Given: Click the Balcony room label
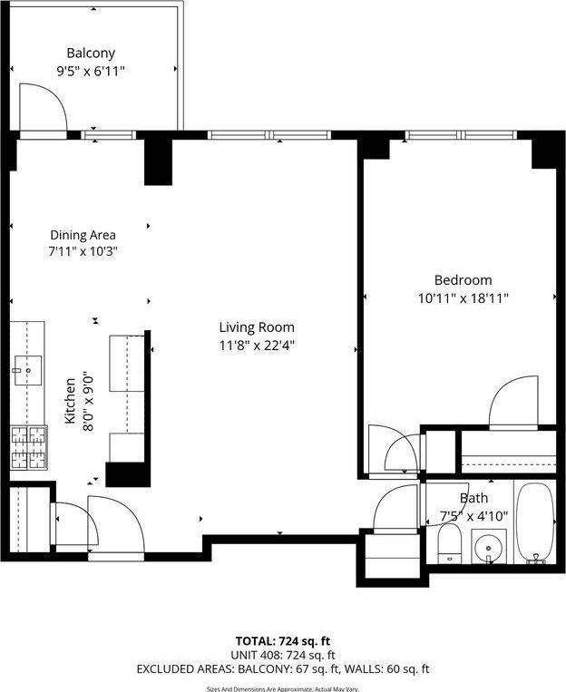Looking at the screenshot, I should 91,54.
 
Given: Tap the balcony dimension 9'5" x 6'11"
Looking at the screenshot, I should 91,71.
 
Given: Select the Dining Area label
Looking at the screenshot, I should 83,235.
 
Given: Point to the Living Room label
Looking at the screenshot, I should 257,327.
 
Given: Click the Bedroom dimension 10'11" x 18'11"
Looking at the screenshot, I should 463,297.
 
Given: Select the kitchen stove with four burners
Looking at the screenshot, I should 28,447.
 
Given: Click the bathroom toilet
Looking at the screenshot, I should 449,545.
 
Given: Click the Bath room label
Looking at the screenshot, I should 473,498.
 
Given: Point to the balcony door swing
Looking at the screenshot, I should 43,108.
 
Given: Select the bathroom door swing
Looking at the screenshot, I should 396,508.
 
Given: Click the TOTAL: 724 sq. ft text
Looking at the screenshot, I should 282,639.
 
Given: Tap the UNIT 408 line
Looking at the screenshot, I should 282,655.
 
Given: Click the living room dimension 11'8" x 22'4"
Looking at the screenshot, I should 257,345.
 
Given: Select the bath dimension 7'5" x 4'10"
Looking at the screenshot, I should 473,515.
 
